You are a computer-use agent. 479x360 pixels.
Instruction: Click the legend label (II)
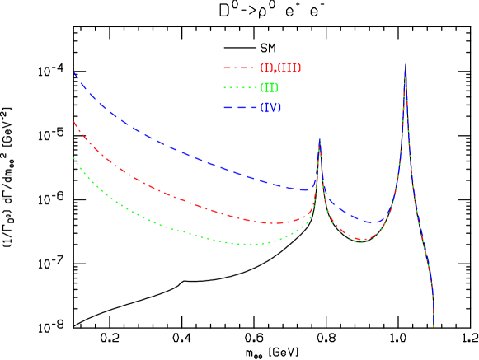tap(269, 88)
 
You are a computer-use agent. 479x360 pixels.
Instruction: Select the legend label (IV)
tap(270, 108)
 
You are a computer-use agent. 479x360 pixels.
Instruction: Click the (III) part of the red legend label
tap(289, 68)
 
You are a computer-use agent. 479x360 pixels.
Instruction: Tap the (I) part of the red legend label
tap(266, 68)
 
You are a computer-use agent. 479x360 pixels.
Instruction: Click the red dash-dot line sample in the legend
tap(238, 68)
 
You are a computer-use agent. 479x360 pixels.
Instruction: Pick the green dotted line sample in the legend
tap(238, 88)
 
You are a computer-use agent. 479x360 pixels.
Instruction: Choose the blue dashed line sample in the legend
tap(238, 108)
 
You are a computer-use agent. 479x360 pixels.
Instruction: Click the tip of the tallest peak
tap(405, 66)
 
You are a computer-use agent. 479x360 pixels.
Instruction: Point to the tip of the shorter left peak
tap(320, 139)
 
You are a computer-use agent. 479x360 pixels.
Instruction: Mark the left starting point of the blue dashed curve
tap(73, 72)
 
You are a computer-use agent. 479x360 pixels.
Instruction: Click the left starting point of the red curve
tap(73, 122)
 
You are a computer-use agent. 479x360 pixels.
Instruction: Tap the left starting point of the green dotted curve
tap(73, 157)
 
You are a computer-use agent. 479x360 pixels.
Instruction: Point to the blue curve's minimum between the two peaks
tap(375, 223)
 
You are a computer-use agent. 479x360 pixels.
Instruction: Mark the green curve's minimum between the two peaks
tap(359, 242)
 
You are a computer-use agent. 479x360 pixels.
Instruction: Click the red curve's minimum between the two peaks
tap(363, 239)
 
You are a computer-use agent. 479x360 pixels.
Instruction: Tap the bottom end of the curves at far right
tap(434, 326)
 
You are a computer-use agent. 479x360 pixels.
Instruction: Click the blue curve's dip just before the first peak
tap(305, 190)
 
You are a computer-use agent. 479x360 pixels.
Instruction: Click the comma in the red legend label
tap(275, 71)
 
